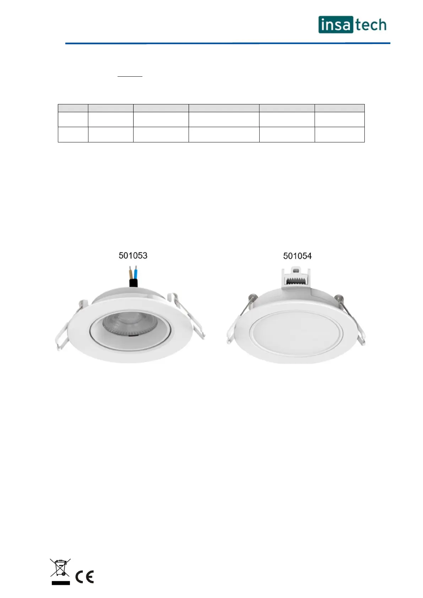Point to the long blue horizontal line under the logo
228,43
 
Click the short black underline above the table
130,77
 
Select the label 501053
133,255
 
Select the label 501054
297,256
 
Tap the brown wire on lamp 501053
131,272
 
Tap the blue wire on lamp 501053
136,272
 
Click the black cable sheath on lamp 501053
133,283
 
